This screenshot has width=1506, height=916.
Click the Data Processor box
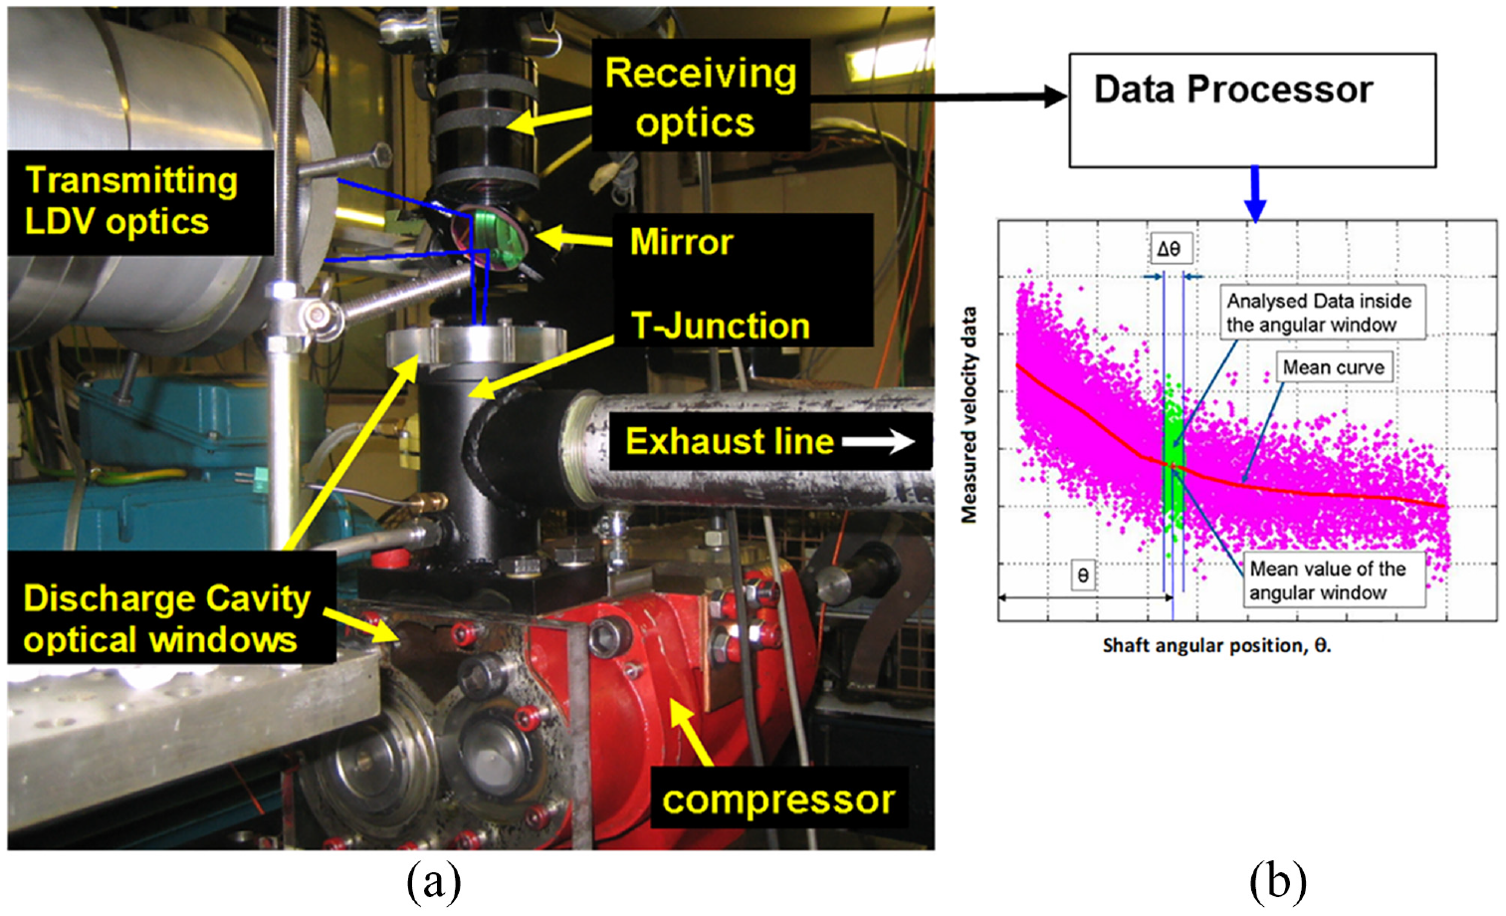pos(1252,111)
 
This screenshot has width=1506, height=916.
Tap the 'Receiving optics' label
pos(701,97)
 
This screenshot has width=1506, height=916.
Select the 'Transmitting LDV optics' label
pos(139,202)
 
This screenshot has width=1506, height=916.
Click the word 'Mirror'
pos(681,242)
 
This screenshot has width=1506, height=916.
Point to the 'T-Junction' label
pos(721,326)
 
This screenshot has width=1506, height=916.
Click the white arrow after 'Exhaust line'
pos(878,442)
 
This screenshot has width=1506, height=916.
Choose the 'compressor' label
pos(778,799)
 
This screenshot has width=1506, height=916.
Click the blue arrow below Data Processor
pos(1254,194)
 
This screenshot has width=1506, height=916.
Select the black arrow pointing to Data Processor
pos(939,97)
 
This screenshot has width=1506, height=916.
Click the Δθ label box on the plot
pos(1169,249)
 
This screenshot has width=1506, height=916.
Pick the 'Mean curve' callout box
pos(1334,367)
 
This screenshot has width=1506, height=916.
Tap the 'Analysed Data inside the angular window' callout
pos(1319,313)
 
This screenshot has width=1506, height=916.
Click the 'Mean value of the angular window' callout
pos(1334,580)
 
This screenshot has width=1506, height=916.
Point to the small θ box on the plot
pos(1082,575)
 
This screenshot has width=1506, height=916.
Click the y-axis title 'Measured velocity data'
pos(968,415)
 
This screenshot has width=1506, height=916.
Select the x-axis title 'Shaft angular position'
pos(1217,645)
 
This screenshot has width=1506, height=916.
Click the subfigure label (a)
pos(434,882)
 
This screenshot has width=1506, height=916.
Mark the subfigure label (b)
pos(1278,882)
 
